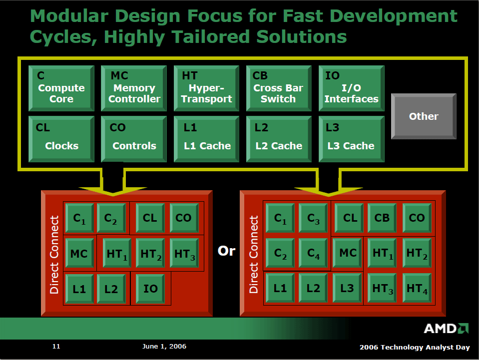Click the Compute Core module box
tap(61, 88)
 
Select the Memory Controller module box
tap(134, 88)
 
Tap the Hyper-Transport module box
tap(206, 88)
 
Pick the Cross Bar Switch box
tap(279, 88)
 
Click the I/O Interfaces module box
tap(351, 88)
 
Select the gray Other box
tap(424, 116)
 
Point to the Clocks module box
tap(61, 139)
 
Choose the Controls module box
tap(134, 139)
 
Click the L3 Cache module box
tap(351, 139)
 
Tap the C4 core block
tap(314, 253)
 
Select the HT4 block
tap(417, 288)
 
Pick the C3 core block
tap(314, 218)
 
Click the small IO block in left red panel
tap(150, 289)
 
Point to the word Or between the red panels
tap(226, 251)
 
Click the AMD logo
tap(446, 329)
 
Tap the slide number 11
tap(56, 346)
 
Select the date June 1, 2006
tap(164, 346)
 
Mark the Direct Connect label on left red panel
tap(54, 255)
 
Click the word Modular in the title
tap(69, 16)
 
